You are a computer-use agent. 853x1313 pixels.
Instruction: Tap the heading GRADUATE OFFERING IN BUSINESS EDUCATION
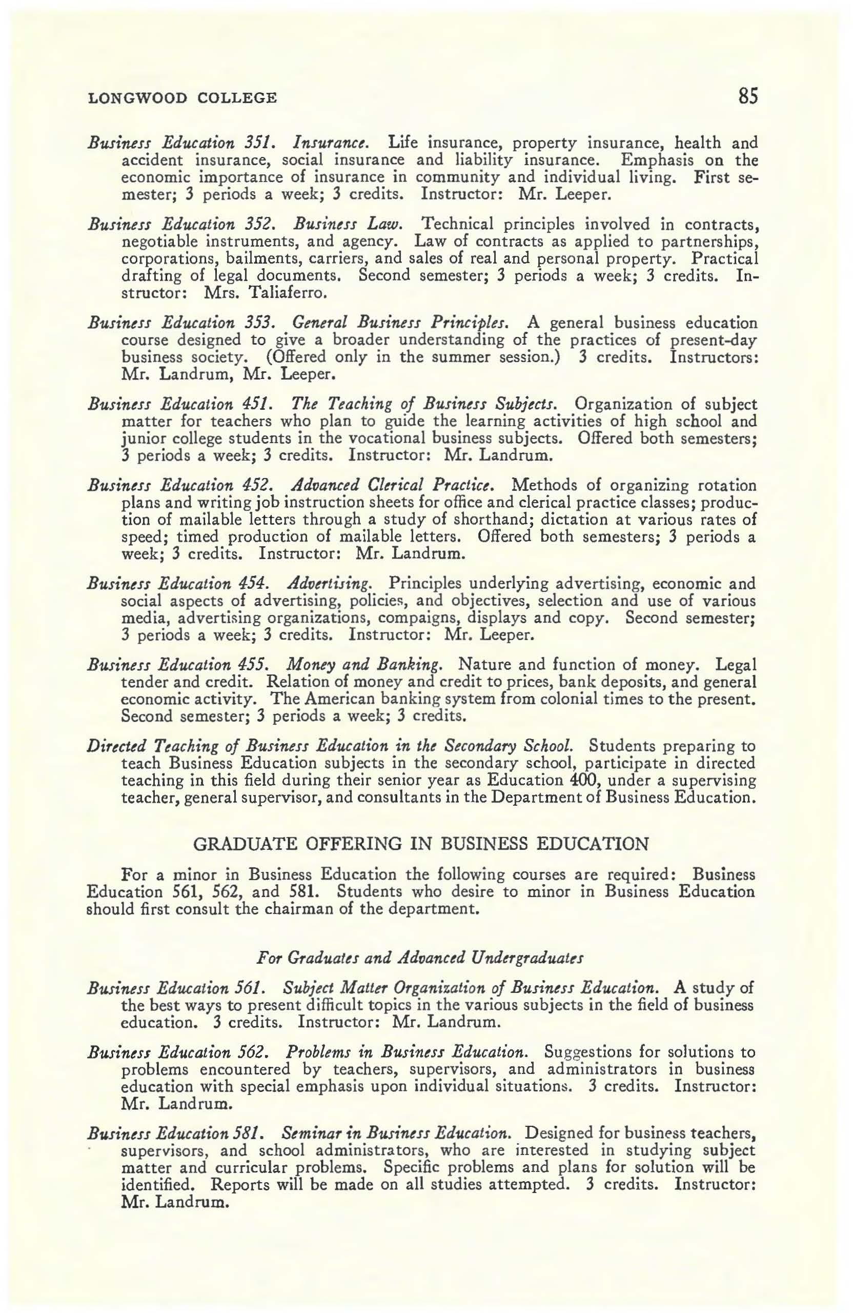tap(422, 844)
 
